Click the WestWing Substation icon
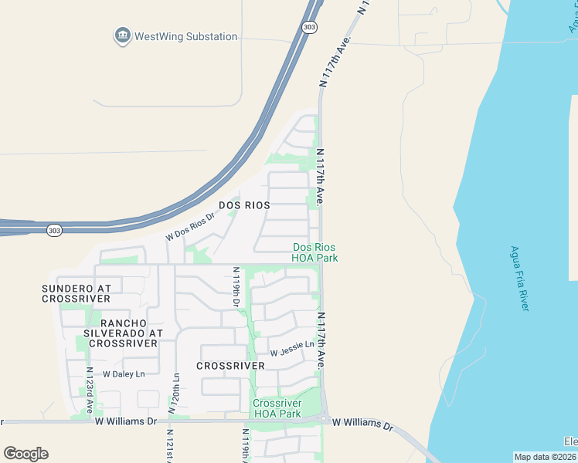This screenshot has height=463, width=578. pyautogui.click(x=121, y=35)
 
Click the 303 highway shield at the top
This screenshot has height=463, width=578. pyautogui.click(x=309, y=27)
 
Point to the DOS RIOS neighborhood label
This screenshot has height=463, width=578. pyautogui.click(x=244, y=205)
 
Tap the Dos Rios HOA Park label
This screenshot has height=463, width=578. pyautogui.click(x=314, y=252)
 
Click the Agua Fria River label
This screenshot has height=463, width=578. pyautogui.click(x=519, y=278)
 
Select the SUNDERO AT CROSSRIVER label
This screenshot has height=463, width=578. pyautogui.click(x=76, y=293)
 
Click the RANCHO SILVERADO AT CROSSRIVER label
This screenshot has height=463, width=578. pyautogui.click(x=124, y=333)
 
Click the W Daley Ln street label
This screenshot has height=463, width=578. pyautogui.click(x=124, y=373)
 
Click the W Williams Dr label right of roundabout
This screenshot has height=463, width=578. pyautogui.click(x=362, y=424)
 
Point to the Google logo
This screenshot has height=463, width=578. pyautogui.click(x=25, y=453)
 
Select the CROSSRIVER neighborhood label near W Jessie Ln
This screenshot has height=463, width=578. pyautogui.click(x=225, y=366)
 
